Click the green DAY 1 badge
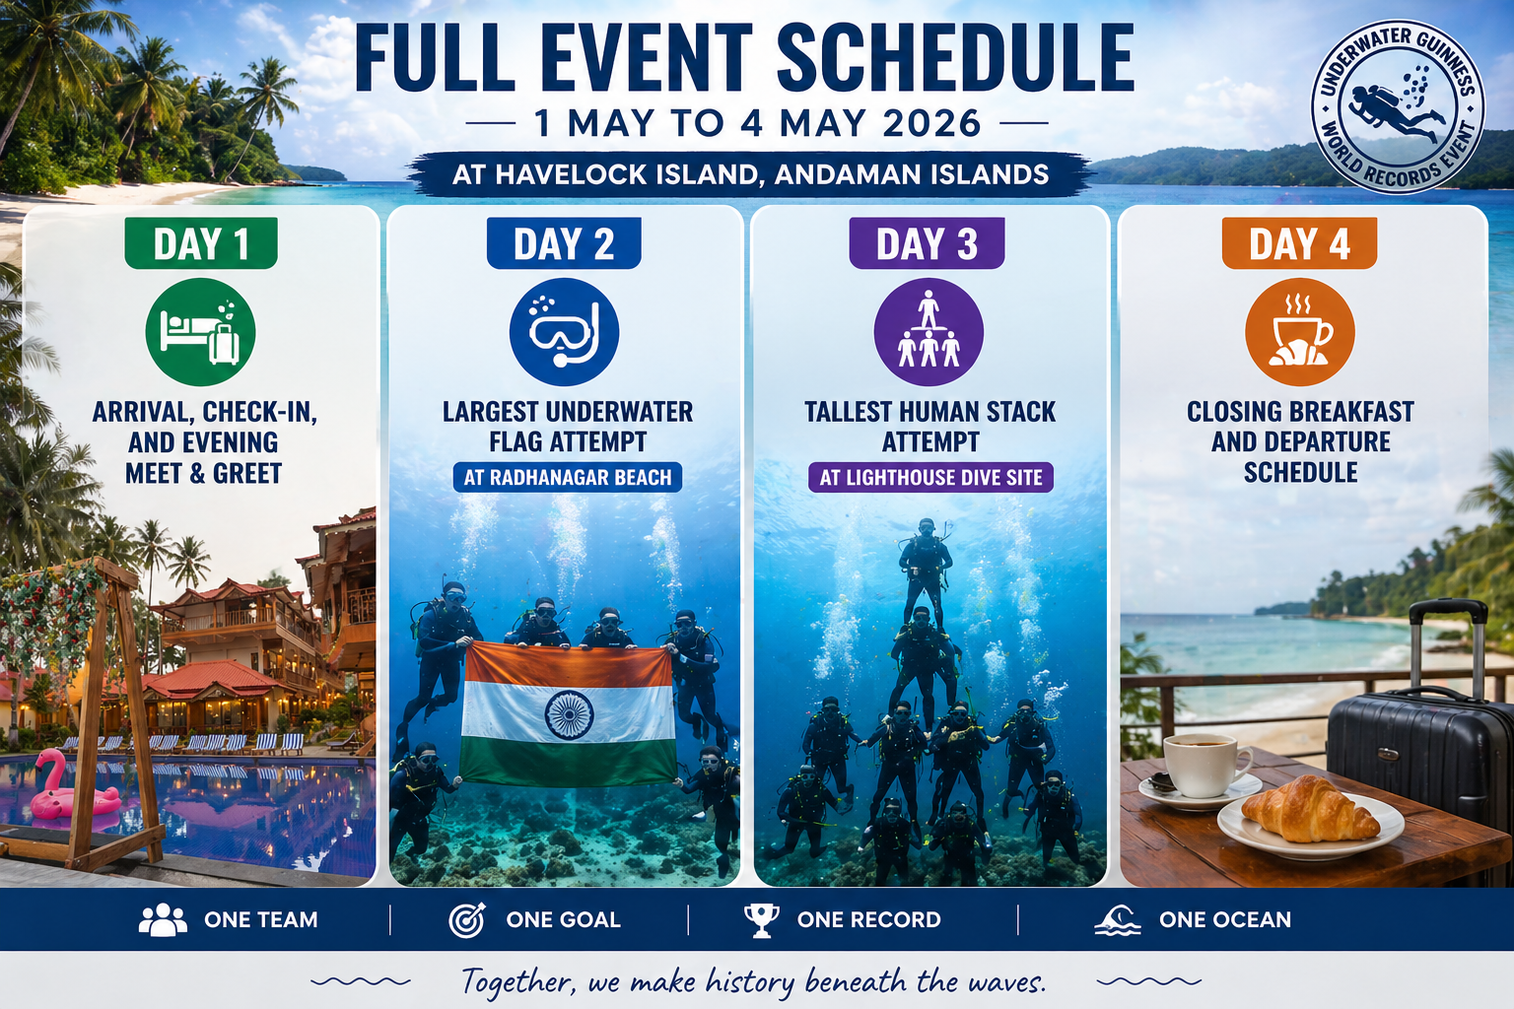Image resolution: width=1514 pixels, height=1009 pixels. point(201,243)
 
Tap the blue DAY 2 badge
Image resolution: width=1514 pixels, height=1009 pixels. point(564,243)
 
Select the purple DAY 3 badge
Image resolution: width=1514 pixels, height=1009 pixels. point(927,243)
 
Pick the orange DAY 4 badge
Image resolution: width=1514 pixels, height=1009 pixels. point(1299,243)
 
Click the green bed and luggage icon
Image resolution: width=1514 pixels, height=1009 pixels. point(201,332)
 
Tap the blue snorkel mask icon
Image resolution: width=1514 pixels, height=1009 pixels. point(564,332)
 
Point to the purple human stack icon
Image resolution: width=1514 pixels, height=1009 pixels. point(929,332)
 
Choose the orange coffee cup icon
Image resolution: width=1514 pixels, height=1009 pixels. point(1299,332)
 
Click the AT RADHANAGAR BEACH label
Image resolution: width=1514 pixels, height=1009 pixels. point(568,478)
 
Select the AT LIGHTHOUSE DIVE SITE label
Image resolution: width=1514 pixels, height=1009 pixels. point(930,478)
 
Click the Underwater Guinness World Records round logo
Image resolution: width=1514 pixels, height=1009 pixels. point(1398,106)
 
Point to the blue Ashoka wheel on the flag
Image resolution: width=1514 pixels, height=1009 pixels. point(569,715)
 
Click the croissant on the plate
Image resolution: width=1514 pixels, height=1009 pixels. point(1309,810)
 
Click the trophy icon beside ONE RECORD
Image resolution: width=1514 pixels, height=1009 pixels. point(761,919)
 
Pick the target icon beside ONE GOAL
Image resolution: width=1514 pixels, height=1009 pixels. point(466,919)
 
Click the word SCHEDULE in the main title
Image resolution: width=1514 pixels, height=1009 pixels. point(955,59)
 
